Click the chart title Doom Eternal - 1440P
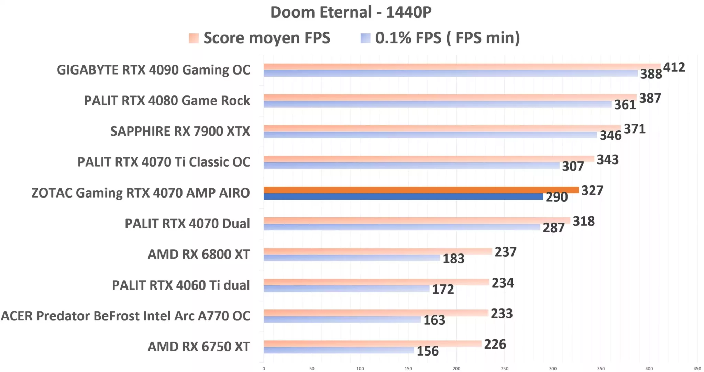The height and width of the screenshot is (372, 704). [351, 12]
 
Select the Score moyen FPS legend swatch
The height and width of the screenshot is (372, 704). [194, 38]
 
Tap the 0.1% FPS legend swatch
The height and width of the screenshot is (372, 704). [365, 38]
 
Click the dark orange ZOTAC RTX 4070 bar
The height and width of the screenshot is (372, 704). [421, 190]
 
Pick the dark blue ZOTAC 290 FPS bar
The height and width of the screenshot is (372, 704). [403, 197]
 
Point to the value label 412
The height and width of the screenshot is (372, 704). [674, 67]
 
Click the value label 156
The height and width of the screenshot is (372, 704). [428, 351]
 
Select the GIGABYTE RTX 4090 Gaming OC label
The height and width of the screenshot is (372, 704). [153, 70]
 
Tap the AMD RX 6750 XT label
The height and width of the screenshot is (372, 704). [199, 347]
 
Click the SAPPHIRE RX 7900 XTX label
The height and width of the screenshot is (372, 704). [180, 132]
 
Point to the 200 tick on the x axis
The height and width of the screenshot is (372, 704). [456, 369]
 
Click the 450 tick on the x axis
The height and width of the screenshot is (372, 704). [697, 369]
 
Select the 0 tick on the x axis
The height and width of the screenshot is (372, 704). [264, 369]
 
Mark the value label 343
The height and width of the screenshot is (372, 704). [607, 160]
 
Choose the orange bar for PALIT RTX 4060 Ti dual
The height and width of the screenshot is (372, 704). [376, 282]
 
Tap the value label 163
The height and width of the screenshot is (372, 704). [434, 320]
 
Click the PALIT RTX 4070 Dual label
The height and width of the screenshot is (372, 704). [187, 224]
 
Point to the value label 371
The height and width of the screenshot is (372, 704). [634, 129]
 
